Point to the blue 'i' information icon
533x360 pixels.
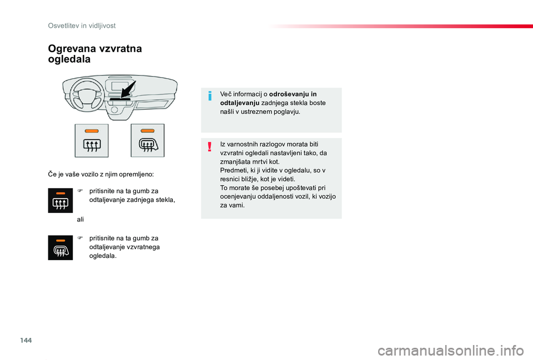pyautogui.click(x=210, y=97)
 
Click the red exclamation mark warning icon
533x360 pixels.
pyautogui.click(x=210, y=147)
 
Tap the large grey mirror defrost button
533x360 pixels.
pyautogui.click(x=147, y=140)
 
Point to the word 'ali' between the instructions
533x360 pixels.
pyautogui.click(x=80, y=220)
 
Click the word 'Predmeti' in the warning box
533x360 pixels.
pyautogui.click(x=233, y=170)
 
